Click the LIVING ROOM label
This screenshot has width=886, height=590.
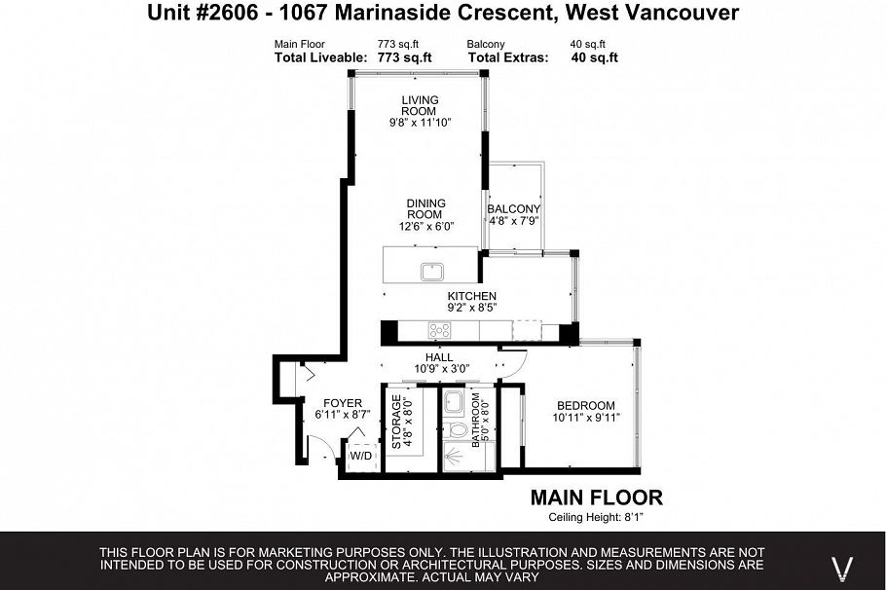click(x=421, y=105)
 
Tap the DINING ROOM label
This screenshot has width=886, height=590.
click(x=425, y=208)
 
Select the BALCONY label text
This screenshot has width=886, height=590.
click(x=513, y=208)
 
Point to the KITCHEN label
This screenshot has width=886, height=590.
click(x=472, y=296)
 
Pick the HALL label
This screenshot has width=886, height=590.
click(x=439, y=357)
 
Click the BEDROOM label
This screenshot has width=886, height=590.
click(x=586, y=405)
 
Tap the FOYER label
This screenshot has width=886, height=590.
click(x=343, y=403)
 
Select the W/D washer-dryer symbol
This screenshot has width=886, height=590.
click(x=360, y=455)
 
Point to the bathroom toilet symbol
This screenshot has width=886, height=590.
click(x=455, y=427)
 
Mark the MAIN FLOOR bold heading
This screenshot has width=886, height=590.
click(x=596, y=498)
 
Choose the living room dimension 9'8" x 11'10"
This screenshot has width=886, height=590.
click(x=421, y=123)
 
